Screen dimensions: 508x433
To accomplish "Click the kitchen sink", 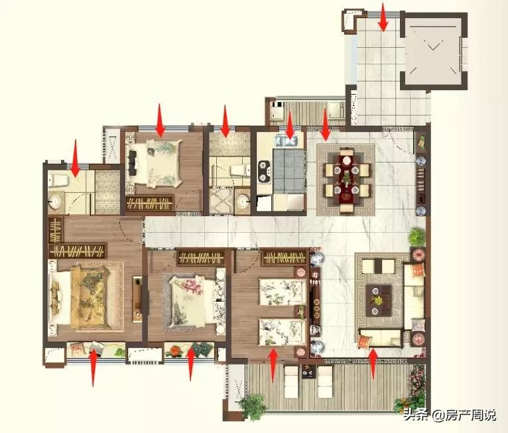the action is (x=286, y=141).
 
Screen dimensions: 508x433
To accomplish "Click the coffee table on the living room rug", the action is (x=378, y=301).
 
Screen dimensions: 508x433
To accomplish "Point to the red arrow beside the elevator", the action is (x=383, y=17).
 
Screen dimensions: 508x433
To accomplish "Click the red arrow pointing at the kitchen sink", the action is (x=290, y=125).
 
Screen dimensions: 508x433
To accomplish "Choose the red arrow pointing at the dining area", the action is (x=325, y=125).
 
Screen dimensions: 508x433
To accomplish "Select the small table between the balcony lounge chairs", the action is (x=308, y=371).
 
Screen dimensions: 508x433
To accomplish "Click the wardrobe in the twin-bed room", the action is (x=285, y=258).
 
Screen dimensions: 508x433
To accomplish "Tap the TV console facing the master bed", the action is (x=137, y=299).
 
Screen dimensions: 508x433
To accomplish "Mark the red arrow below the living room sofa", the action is (x=373, y=363).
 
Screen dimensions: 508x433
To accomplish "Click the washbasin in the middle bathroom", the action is (x=243, y=202).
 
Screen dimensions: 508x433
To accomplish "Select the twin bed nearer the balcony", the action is (x=283, y=332).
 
